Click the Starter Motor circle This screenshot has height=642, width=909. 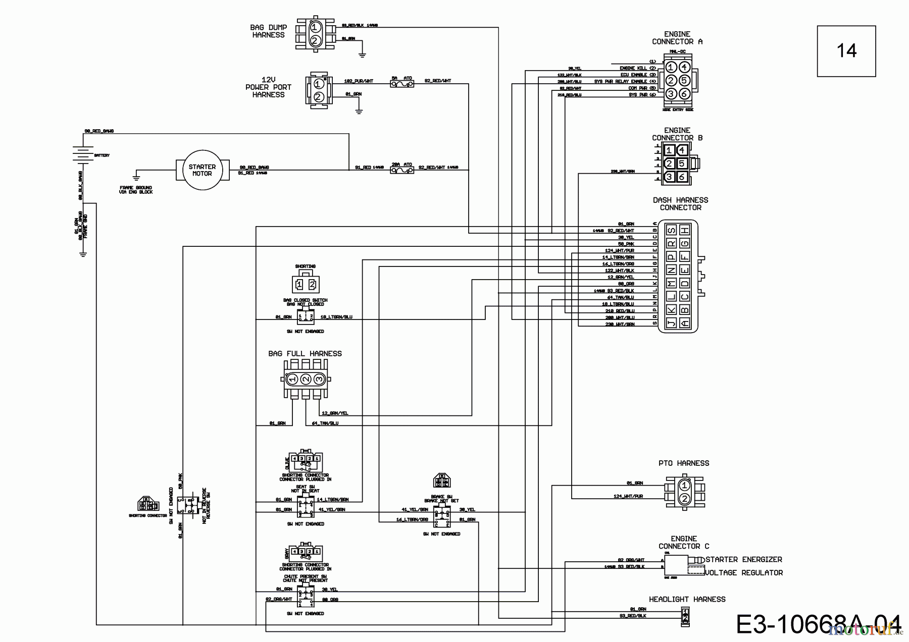(x=202, y=170)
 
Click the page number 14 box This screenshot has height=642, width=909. (x=846, y=51)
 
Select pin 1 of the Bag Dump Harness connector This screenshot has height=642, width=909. (x=314, y=27)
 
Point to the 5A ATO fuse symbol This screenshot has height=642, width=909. (x=402, y=84)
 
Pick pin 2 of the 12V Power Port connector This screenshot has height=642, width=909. (x=318, y=96)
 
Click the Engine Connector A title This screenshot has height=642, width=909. (x=677, y=38)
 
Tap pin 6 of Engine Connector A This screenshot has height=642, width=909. (x=684, y=94)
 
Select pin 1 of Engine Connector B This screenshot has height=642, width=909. (x=669, y=150)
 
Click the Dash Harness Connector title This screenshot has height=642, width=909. (x=680, y=204)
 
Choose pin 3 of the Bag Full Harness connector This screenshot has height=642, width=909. (x=318, y=379)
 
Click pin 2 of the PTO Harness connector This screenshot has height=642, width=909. (x=684, y=499)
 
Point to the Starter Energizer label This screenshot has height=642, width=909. (x=743, y=559)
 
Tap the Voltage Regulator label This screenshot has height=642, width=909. (x=743, y=573)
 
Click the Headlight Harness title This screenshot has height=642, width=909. (x=687, y=599)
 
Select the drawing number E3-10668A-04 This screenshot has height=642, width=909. (x=818, y=624)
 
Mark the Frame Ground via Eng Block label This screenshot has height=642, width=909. (x=136, y=190)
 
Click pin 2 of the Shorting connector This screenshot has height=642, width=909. (x=312, y=285)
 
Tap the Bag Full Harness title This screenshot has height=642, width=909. (x=305, y=354)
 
